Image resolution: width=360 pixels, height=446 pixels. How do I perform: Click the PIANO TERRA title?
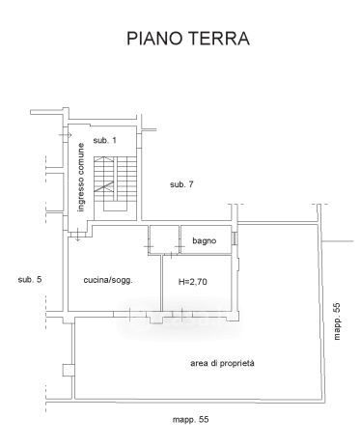188,39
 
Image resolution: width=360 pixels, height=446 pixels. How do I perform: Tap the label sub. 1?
104,140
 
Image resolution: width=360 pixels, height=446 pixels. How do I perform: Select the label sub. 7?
181,184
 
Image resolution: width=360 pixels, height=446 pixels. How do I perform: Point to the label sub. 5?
30,279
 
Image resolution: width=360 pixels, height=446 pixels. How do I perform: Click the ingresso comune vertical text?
81,178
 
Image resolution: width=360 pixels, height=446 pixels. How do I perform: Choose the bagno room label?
205,240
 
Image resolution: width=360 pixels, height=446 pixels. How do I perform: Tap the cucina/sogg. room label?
108,280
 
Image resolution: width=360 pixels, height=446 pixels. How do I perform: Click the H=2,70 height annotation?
193,282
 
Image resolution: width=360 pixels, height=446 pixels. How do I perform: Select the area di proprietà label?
222,363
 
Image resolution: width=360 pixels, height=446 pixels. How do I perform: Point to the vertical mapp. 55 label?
337,321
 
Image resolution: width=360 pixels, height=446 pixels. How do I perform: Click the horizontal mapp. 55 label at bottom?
190,420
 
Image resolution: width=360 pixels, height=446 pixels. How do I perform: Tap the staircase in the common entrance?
115,183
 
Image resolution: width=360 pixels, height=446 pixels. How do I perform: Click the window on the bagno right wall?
235,238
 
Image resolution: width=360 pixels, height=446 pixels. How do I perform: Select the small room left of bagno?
164,239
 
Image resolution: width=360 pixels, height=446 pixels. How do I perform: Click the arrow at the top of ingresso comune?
66,135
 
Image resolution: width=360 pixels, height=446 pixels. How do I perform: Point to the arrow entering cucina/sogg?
77,236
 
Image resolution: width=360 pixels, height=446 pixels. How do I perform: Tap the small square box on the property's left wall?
68,370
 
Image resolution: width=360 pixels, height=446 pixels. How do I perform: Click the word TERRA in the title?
219,39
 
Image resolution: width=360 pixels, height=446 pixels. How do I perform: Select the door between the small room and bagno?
180,247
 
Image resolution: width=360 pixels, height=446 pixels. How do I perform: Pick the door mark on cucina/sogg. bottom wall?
129,314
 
